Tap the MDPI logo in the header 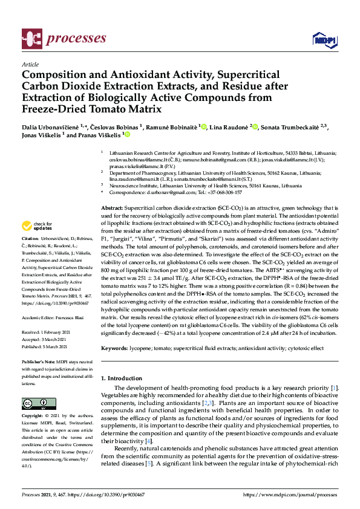click(x=323, y=40)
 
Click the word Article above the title click(x=30, y=64)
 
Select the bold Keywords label click(x=116, y=348)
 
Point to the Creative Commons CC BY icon click(x=34, y=403)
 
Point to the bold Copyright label click(x=33, y=417)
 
